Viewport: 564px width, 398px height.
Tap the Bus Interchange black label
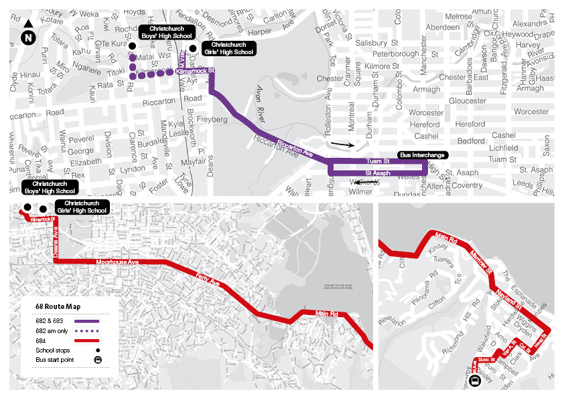point(421,155)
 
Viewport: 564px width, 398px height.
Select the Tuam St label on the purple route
point(377,162)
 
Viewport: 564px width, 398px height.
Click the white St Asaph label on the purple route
point(377,173)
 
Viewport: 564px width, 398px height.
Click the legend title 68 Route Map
point(58,306)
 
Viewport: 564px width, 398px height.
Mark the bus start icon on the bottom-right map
point(475,381)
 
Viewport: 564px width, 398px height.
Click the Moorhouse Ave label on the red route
point(117,262)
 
